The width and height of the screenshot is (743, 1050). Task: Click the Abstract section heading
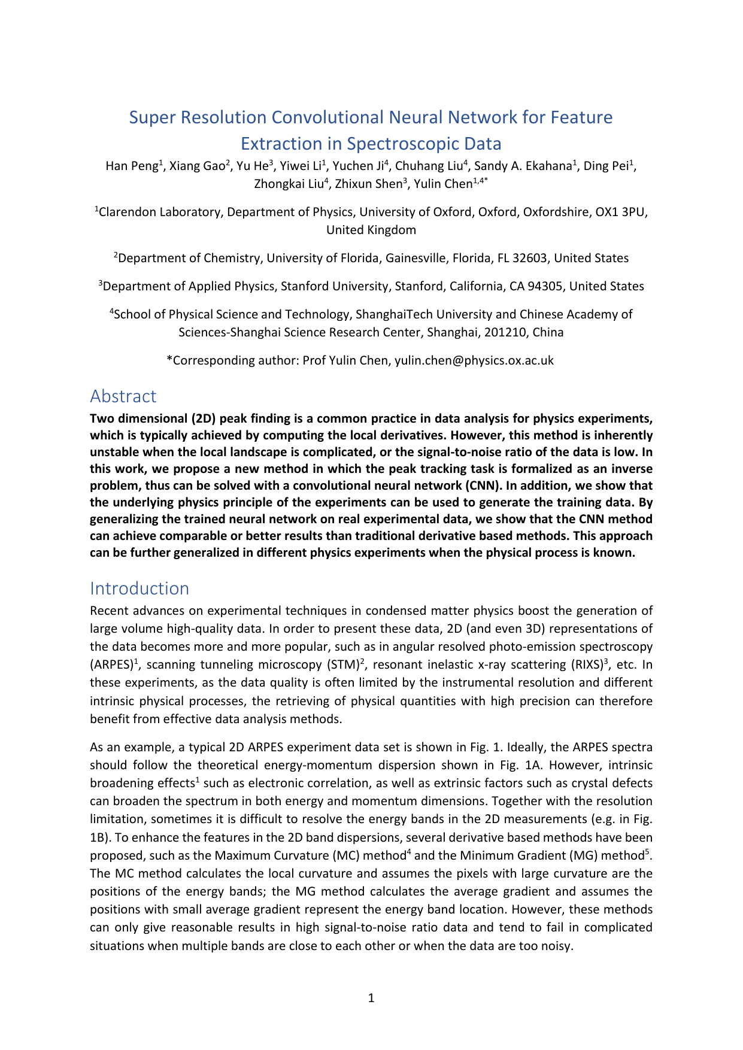[x=123, y=396]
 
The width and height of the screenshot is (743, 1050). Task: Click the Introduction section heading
[x=139, y=588]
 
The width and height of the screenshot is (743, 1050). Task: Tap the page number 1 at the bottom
[x=371, y=998]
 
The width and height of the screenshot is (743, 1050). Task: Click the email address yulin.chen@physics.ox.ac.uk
[x=474, y=360]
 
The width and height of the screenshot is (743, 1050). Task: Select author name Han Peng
[x=131, y=166]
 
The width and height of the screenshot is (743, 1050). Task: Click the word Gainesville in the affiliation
[x=416, y=259]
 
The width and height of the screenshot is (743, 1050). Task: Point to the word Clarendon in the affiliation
[x=128, y=212]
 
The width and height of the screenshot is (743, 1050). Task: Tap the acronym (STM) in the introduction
[x=342, y=665]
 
